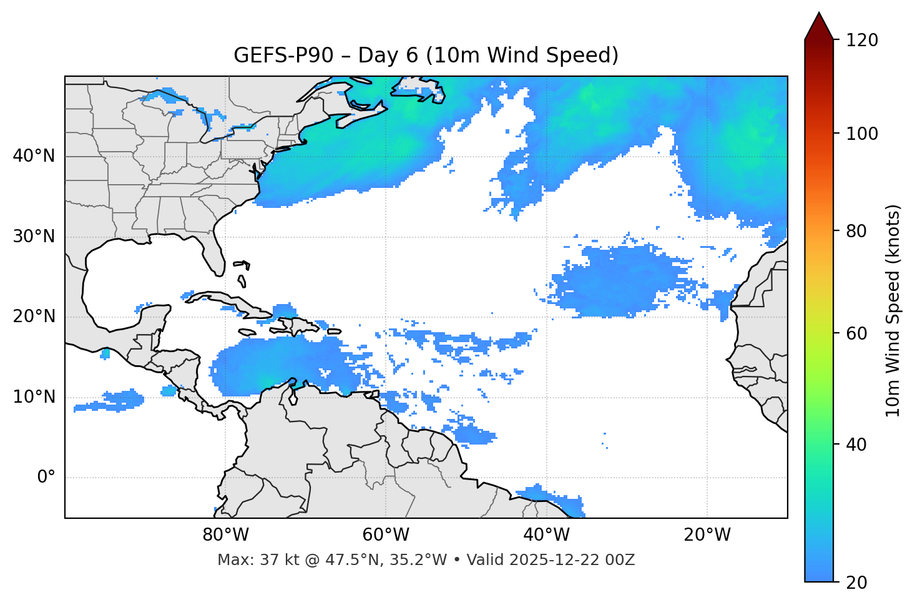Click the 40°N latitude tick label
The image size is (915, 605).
pyautogui.click(x=34, y=156)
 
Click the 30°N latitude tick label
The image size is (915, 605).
pyautogui.click(x=34, y=237)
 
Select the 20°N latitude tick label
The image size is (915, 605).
pyautogui.click(x=34, y=317)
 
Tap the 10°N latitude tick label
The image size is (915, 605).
pyautogui.click(x=34, y=397)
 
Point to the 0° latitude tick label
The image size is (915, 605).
pyautogui.click(x=46, y=478)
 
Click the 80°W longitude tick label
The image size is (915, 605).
pyautogui.click(x=225, y=535)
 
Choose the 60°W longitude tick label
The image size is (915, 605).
pyautogui.click(x=386, y=535)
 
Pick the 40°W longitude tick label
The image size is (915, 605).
pyautogui.click(x=546, y=535)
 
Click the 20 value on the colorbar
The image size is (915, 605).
pyautogui.click(x=856, y=583)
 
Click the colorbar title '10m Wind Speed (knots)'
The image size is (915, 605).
pyautogui.click(x=893, y=311)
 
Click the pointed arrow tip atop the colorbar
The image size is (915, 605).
pyautogui.click(x=819, y=16)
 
